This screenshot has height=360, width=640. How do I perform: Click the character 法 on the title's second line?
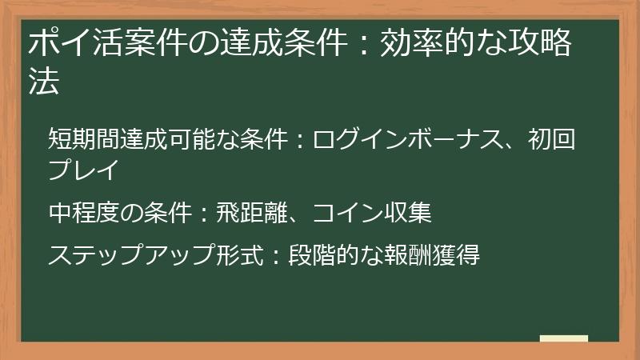click(44, 82)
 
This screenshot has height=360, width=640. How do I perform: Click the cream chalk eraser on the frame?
click(563, 339)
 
